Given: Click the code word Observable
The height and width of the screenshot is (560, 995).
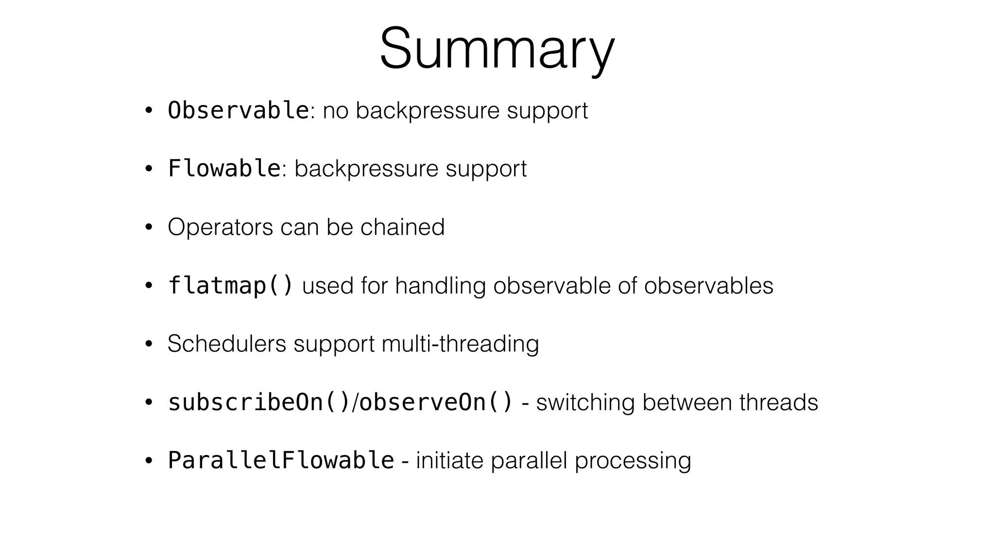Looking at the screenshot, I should tap(238, 110).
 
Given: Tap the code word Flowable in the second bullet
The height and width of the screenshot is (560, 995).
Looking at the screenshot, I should tap(224, 169).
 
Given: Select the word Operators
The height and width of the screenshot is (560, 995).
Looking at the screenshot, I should tap(220, 227).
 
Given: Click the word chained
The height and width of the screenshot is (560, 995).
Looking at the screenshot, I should tap(402, 227).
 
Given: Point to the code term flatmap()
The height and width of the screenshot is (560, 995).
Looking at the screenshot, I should tap(230, 285).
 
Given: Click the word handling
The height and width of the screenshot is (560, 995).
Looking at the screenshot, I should tap(440, 286).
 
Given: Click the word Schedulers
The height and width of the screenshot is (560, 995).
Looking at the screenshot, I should tap(227, 344).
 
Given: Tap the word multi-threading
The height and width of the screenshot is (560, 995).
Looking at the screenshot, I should tap(460, 344).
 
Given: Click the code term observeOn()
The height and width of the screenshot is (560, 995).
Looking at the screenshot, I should tap(436, 402).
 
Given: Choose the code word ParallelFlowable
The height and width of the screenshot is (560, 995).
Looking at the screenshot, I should tap(281, 460).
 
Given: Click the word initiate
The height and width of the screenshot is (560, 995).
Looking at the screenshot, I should tap(449, 460).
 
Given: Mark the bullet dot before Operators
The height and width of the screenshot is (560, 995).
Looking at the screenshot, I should tap(149, 227).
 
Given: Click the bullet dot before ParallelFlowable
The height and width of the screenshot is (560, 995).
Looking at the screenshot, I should tap(149, 461).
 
